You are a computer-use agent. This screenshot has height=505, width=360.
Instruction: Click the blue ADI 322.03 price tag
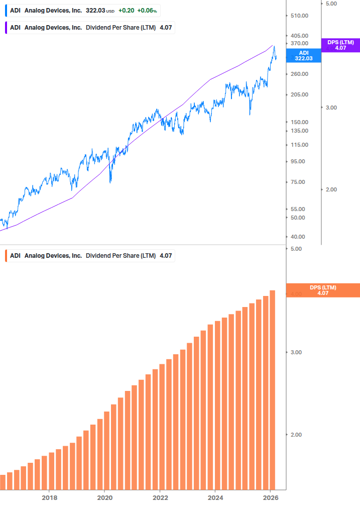pyautogui.click(x=304, y=55)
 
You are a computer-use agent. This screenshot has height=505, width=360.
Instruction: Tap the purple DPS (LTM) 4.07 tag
pyautogui.click(x=340, y=45)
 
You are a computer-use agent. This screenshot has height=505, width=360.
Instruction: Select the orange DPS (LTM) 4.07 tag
pyautogui.click(x=323, y=290)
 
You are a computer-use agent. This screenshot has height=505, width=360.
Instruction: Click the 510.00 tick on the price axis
pyautogui.click(x=299, y=16)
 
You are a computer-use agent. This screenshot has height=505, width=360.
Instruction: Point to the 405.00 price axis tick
pyautogui.click(x=299, y=36)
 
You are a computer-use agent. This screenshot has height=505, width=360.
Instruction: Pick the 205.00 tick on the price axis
pyautogui.click(x=299, y=94)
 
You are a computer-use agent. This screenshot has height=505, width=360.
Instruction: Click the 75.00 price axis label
pyautogui.click(x=298, y=182)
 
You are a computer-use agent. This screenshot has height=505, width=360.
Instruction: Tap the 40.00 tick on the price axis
pyautogui.click(x=298, y=237)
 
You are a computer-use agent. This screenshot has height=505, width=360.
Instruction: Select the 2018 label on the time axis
pyautogui.click(x=49, y=497)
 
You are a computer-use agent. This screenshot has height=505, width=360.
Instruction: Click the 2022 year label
pyautogui.click(x=160, y=497)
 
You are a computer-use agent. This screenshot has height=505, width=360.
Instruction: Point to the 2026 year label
pyautogui.click(x=270, y=497)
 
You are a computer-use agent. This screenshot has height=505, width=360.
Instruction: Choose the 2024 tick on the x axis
pyautogui.click(x=215, y=497)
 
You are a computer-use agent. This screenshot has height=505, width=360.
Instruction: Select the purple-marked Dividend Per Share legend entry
pyautogui.click(x=90, y=28)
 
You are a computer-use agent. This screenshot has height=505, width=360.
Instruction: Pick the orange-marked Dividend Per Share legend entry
pyautogui.click(x=90, y=256)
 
